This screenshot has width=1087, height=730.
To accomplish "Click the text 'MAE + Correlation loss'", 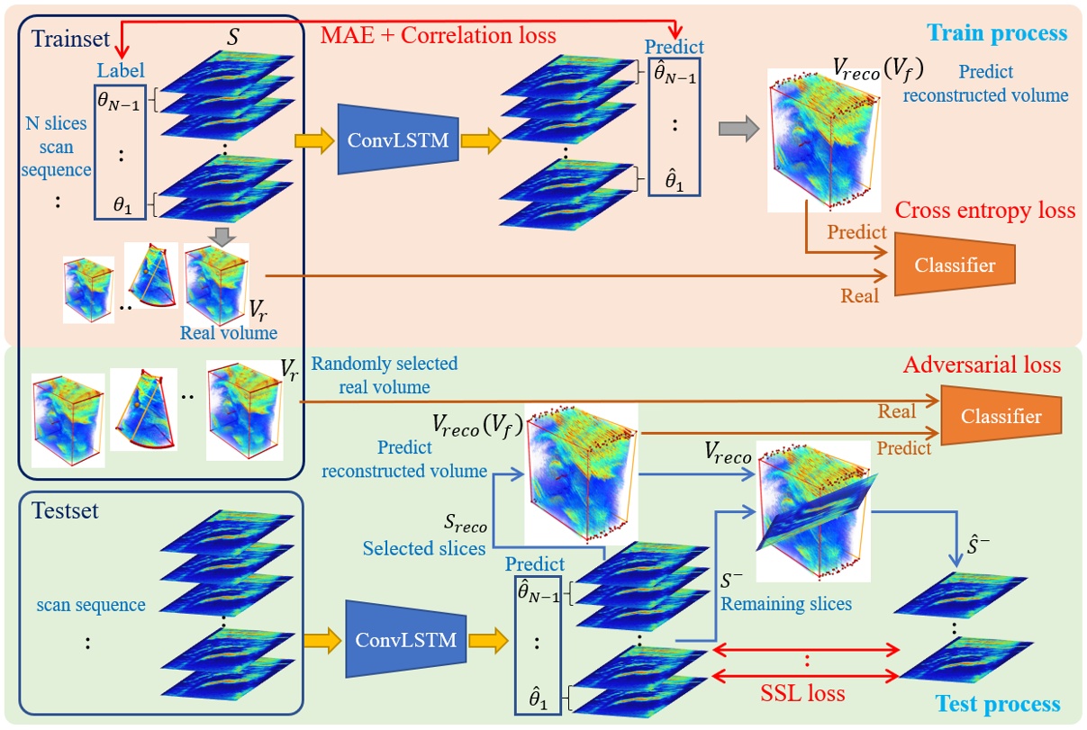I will (439, 36).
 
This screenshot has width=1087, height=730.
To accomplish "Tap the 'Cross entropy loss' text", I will (985, 210).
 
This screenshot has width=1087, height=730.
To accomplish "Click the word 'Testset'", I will (65, 511).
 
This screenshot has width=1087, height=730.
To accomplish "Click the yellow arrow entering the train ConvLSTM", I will (312, 140).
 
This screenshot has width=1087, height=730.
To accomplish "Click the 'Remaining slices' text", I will (786, 603).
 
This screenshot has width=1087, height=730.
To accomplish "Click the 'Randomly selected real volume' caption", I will (384, 375).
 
